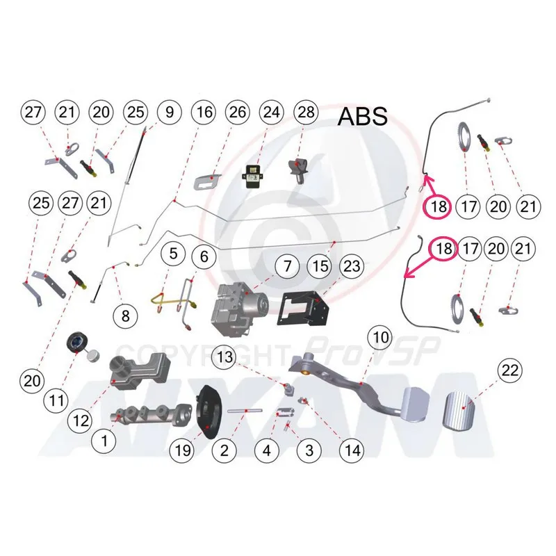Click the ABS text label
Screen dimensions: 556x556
[x=362, y=115]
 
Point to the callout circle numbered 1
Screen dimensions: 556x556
[x=105, y=439]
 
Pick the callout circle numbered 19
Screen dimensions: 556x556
[x=183, y=450]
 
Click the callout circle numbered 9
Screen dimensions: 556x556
[x=168, y=112]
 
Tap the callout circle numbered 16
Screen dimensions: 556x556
[x=203, y=112]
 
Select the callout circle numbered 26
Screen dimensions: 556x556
[x=237, y=112]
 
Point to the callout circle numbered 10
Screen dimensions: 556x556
[x=379, y=338]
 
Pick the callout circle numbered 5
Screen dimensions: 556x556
[x=173, y=256]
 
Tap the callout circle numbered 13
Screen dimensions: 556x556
[x=225, y=357]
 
